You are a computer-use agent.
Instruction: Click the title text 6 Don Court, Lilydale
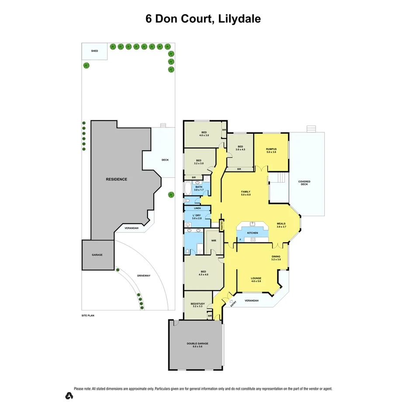(x=203, y=19)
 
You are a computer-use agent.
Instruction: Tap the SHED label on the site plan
(x=94, y=51)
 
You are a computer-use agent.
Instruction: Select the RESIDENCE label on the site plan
(x=116, y=179)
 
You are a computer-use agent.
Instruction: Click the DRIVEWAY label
(x=144, y=276)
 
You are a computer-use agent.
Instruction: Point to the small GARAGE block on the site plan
(x=97, y=255)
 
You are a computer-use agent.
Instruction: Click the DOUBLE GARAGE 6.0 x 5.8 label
(x=197, y=345)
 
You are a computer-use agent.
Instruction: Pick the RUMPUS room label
(x=271, y=151)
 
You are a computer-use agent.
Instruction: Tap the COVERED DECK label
(x=304, y=183)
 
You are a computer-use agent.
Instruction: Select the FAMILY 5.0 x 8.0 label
(x=246, y=193)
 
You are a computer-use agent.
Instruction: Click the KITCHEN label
(x=252, y=233)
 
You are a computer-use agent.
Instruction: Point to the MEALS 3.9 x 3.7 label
(x=281, y=225)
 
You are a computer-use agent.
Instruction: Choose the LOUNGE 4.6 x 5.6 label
(x=256, y=279)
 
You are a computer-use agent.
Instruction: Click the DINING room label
(x=276, y=258)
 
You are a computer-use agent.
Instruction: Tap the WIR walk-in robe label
(x=214, y=240)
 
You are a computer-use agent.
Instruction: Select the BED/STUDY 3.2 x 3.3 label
(x=197, y=305)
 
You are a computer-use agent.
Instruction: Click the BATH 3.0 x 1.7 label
(x=199, y=188)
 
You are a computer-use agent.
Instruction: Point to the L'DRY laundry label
(x=196, y=216)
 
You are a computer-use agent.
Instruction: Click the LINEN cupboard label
(x=197, y=208)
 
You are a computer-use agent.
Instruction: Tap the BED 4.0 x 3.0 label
(x=203, y=134)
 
